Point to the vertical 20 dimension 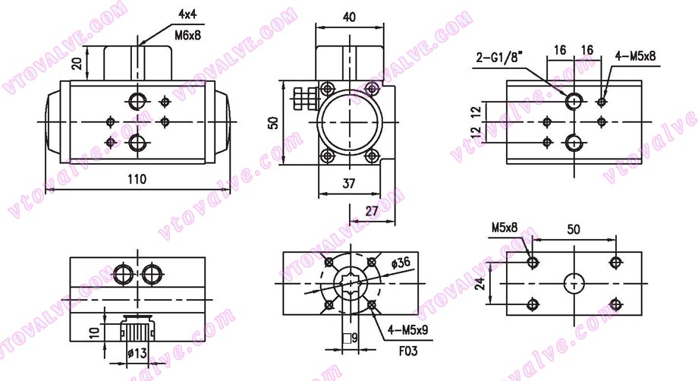(77, 64)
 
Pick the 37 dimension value (348, 182)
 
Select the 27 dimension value (372, 211)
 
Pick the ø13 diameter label (138, 351)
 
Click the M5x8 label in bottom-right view (504, 227)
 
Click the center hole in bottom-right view (574, 284)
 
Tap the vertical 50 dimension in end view (274, 121)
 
